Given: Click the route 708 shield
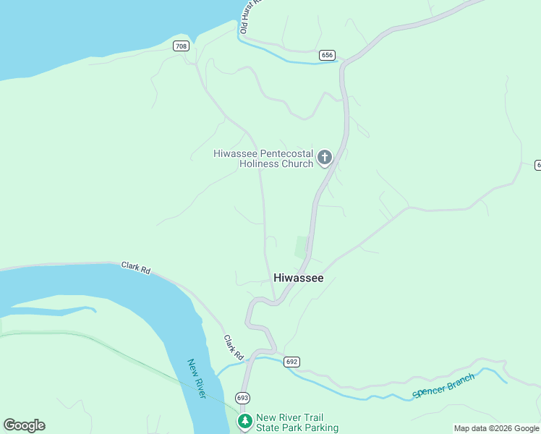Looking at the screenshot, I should (181, 46).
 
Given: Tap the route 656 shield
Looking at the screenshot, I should (327, 55).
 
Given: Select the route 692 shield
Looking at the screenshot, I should (291, 362).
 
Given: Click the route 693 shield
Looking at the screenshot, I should (242, 398).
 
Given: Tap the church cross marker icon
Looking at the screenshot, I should (325, 157).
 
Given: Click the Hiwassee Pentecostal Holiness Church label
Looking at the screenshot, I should (263, 158).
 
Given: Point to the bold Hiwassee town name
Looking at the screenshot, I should (298, 278).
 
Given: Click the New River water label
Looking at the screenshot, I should (197, 378).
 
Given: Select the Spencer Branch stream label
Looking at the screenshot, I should (443, 386).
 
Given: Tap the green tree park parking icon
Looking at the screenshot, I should (245, 422).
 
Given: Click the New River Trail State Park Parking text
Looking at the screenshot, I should (297, 422).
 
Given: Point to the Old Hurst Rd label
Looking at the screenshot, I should (250, 16).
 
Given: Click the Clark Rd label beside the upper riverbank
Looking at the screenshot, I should (136, 268).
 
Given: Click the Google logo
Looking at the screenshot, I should (24, 425).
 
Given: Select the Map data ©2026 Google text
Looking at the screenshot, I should (496, 428).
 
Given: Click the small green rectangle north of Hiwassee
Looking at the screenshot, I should (302, 247).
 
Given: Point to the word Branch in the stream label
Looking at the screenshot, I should (459, 380).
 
